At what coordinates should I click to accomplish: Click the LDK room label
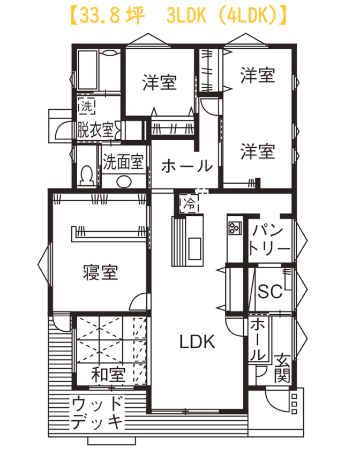pos(197,342)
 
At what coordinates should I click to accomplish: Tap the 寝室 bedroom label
pos(101,272)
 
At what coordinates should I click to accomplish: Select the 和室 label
pos(109,374)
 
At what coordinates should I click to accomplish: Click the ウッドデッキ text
pos(97,413)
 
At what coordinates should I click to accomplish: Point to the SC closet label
pos(270,291)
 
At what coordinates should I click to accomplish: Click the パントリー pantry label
pos(269,239)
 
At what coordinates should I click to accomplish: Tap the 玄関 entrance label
pos(282,368)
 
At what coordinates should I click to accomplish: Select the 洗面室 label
pos(123,162)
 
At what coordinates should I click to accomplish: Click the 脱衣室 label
pos(95,130)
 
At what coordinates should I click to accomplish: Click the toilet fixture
pos(86,175)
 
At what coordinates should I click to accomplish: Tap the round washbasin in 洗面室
pos(124,182)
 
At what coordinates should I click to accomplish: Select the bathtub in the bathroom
pos(87,70)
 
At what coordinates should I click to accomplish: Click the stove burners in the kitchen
pos(235,228)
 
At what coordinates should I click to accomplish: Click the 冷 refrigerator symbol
pos(189,203)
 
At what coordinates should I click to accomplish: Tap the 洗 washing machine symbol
pos(86,106)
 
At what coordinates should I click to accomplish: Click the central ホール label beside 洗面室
pos(187,166)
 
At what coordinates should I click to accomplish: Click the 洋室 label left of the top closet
pos(160,82)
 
